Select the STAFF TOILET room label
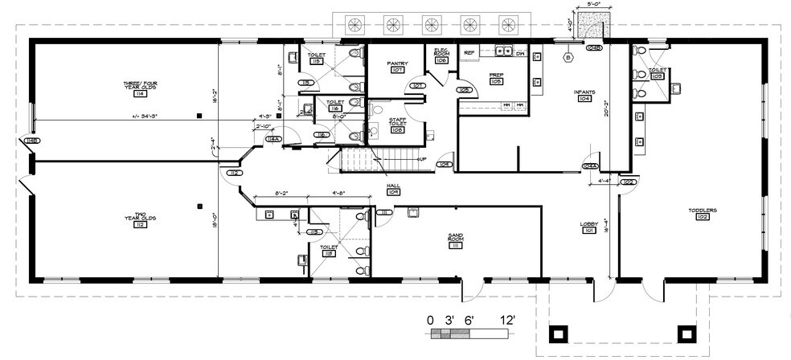[397, 122]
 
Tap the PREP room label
[496, 78]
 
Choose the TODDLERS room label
[702, 213]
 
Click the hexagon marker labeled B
[568, 58]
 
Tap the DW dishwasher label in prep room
[520, 53]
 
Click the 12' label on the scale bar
[507, 320]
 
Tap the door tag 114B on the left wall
[32, 141]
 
